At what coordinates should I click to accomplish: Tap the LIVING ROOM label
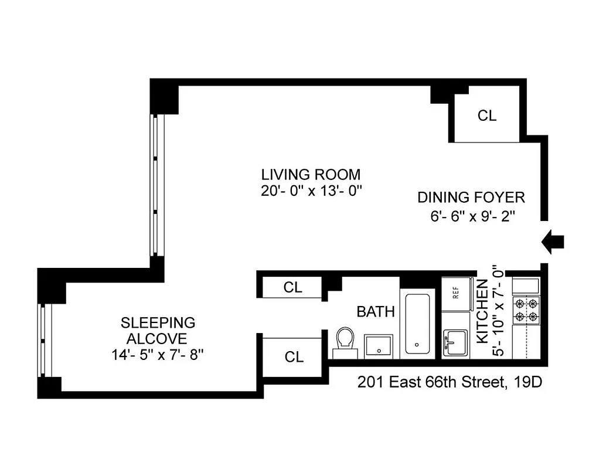(311, 174)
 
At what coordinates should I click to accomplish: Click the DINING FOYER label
(471, 198)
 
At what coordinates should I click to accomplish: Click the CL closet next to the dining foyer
(486, 116)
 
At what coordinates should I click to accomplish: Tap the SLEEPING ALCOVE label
(158, 330)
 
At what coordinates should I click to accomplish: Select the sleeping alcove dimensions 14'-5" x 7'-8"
(158, 354)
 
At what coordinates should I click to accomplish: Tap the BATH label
(376, 311)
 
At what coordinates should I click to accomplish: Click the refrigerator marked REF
(457, 294)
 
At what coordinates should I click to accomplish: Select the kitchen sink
(455, 341)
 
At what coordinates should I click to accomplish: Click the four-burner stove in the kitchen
(526, 310)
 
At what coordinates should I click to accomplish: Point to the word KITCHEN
(482, 311)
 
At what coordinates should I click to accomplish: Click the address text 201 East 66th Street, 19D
(450, 383)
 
